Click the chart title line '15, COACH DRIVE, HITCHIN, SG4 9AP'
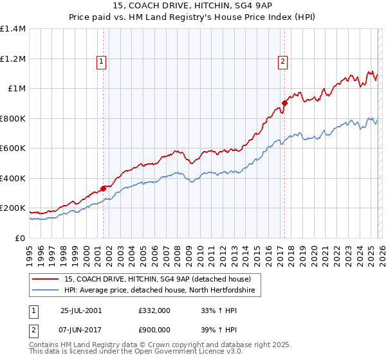(x=192, y=6)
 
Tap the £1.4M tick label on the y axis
(x=13, y=29)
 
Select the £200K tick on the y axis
(x=13, y=208)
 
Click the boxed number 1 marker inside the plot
(x=102, y=62)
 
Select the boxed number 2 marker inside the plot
(x=282, y=62)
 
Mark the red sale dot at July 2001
(x=104, y=189)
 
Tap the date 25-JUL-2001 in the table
(x=80, y=310)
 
